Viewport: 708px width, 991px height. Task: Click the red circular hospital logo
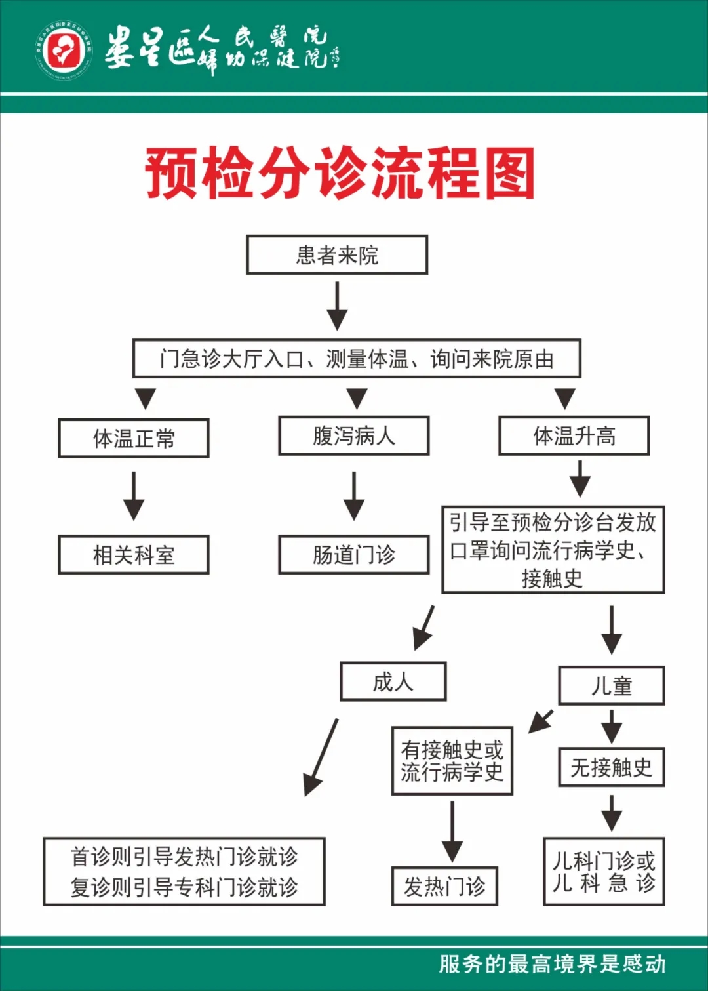click(64, 51)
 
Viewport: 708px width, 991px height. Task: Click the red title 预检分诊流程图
click(340, 173)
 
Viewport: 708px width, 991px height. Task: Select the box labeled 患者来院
click(337, 255)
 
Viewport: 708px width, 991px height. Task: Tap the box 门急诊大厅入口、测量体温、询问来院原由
click(357, 359)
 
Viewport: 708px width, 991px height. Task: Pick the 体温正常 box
click(134, 438)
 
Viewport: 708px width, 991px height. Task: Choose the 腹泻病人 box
click(354, 436)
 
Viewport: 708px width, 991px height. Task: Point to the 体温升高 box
click(574, 436)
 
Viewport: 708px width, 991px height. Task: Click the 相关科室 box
click(134, 555)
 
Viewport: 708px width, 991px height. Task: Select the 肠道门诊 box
click(354, 555)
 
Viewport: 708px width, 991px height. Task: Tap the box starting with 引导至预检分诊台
click(553, 550)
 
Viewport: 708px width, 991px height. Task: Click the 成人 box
click(393, 682)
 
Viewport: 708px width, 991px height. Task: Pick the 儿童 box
click(611, 686)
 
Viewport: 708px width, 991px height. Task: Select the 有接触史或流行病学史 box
click(452, 761)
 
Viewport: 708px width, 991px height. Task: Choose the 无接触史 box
click(611, 767)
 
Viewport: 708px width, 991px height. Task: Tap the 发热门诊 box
click(444, 887)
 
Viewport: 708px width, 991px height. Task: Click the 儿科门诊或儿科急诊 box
click(604, 872)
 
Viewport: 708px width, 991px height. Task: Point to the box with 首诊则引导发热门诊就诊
click(184, 872)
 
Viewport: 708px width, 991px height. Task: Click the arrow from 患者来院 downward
click(337, 306)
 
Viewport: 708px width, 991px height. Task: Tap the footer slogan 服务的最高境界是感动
click(552, 964)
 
